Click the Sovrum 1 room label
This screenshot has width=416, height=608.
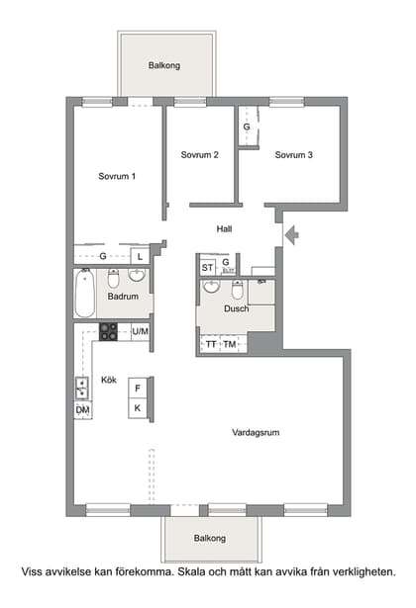pos(117,176)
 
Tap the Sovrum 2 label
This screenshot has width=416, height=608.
pos(199,154)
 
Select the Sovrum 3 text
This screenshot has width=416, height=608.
pos(294,154)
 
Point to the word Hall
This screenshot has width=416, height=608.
pos(225,228)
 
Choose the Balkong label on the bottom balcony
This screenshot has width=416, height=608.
pos(209,539)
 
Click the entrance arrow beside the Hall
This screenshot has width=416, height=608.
pos(290,234)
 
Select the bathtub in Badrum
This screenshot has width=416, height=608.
pos(84,294)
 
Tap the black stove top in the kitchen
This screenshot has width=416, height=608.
pos(107,331)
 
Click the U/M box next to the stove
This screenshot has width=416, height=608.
pos(140,331)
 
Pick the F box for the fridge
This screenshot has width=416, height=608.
pos(138,389)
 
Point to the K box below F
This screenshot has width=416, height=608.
pos(138,407)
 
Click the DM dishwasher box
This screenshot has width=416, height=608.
pos(83,409)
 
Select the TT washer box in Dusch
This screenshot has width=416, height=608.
pos(210,344)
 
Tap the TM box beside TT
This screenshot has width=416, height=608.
pos(230,344)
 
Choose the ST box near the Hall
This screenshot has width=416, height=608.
pos(207,267)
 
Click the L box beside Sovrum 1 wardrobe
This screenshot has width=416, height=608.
pos(140,257)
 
